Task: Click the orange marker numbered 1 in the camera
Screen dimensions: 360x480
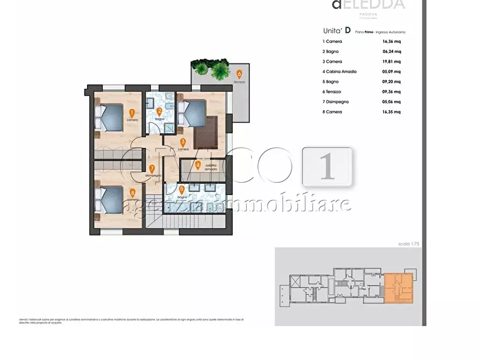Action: pos(132,113)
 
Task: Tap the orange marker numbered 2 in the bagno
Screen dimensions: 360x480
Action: pos(159,112)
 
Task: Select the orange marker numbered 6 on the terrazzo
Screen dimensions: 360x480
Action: pos(239,74)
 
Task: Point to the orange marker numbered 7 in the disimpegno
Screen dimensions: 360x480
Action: pos(152,168)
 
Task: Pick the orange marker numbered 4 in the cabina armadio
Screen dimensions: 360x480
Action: pos(198,165)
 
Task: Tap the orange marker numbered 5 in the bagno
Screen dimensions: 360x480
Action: pos(182,189)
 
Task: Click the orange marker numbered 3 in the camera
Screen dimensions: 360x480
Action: pos(183,142)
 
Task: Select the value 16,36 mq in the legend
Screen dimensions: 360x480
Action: pos(390,41)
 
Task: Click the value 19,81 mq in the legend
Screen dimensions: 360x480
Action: pos(390,62)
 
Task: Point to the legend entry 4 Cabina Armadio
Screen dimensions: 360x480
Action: pos(340,71)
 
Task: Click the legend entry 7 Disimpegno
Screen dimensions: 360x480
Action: pos(336,102)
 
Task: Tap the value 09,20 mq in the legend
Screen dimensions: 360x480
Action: pos(390,82)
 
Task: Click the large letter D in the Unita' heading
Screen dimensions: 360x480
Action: pos(348,30)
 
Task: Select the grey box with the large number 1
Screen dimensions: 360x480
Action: pos(327,167)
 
